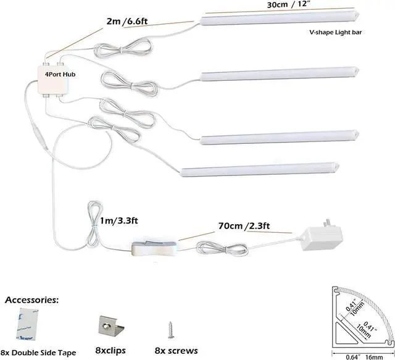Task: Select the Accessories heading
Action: tap(32, 300)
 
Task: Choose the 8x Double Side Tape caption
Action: tap(38, 353)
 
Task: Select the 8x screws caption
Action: tap(177, 351)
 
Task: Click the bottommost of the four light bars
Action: tap(259, 169)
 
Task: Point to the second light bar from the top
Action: tap(281, 74)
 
